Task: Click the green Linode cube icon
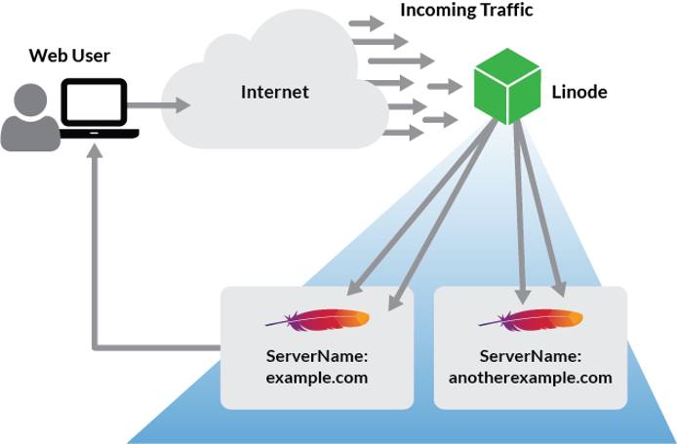coord(506,87)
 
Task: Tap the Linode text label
coord(580,93)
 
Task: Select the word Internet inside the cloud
coord(274,93)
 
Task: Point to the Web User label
coord(67,55)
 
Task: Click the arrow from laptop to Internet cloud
coord(156,103)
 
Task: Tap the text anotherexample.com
coord(531,378)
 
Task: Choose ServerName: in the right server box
coord(531,356)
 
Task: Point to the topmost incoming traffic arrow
coord(367,22)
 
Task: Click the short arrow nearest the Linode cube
coord(445,87)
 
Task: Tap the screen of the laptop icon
coord(95,101)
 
